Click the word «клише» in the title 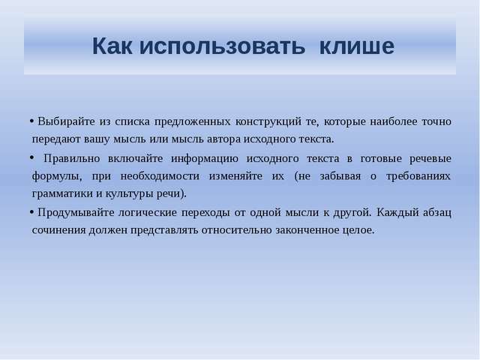tap(357, 46)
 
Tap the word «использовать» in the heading tap(222, 46)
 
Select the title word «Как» tap(112, 46)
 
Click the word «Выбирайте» tap(67, 121)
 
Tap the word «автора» tap(223, 139)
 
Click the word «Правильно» tap(72, 158)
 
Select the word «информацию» tap(205, 159)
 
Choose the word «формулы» tap(57, 177)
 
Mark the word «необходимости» tap(160, 176)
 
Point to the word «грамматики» tap(62, 193)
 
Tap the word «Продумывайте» tap(76, 212)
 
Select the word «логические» tap(148, 212)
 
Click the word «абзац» tap(436, 212)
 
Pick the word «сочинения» tap(58, 230)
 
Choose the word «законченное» tap(307, 230)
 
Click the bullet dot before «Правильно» tap(31, 157)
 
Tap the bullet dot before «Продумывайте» tap(31, 211)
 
